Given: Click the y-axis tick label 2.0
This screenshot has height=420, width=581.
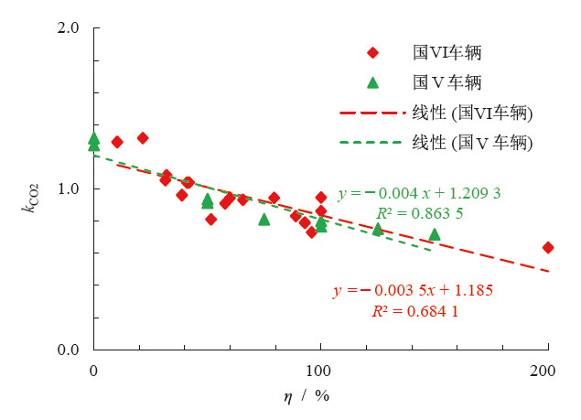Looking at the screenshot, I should tap(69, 27).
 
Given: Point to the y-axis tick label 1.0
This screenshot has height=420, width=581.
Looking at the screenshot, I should tap(69, 189).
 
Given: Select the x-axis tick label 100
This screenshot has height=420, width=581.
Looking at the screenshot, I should tap(320, 370).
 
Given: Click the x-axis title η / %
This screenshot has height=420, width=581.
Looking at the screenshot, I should tap(307, 396).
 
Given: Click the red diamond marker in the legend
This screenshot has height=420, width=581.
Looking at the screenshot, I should tap(372, 52).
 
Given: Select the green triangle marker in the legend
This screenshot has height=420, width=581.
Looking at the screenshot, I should tap(372, 82).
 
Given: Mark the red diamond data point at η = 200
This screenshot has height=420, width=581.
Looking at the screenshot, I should tap(548, 248).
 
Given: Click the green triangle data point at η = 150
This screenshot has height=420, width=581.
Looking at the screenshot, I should tap(435, 234).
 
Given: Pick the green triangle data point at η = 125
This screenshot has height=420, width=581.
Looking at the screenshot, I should tap(377, 230).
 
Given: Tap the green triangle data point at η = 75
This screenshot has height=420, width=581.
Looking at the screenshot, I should tap(264, 220).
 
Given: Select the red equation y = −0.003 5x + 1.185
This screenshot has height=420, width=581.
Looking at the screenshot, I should tap(414, 291).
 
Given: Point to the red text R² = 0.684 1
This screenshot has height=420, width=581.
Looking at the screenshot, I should tap(414, 311).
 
